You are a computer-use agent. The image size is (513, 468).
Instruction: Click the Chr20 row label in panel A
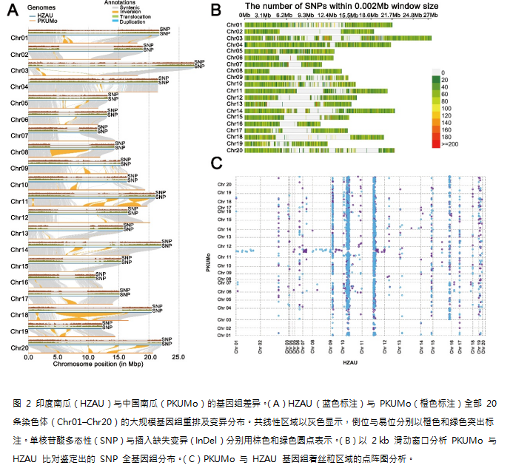coord(19,347)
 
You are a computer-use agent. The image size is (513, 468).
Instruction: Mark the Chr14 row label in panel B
coord(235,110)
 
